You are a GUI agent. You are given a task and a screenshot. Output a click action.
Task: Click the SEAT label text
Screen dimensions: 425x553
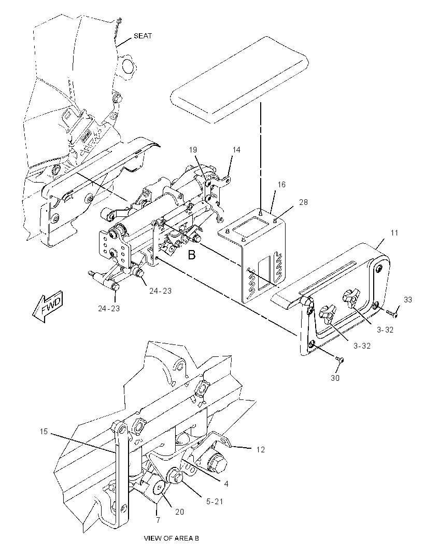click(x=143, y=36)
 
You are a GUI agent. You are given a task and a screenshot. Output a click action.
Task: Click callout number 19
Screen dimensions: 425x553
click(x=193, y=149)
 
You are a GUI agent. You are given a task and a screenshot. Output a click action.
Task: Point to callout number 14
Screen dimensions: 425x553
click(x=236, y=149)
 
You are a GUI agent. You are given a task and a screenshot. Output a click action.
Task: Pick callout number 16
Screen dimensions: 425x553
click(x=281, y=185)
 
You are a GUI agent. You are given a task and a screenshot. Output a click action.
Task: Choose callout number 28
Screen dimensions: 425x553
click(x=303, y=202)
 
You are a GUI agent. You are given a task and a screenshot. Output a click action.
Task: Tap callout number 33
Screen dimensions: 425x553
click(x=407, y=300)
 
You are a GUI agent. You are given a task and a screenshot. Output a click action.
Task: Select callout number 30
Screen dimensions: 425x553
click(x=335, y=378)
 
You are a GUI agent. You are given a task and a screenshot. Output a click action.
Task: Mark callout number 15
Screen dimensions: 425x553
click(x=44, y=432)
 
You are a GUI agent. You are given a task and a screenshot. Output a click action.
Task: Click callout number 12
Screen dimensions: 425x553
click(x=260, y=450)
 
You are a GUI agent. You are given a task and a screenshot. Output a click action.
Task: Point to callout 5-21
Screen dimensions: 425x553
click(x=215, y=501)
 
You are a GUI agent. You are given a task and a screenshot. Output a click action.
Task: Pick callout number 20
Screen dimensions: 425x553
click(x=180, y=511)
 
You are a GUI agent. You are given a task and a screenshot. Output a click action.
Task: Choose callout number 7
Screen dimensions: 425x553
click(x=158, y=520)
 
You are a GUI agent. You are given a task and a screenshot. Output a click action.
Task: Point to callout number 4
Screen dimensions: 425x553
click(x=226, y=484)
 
